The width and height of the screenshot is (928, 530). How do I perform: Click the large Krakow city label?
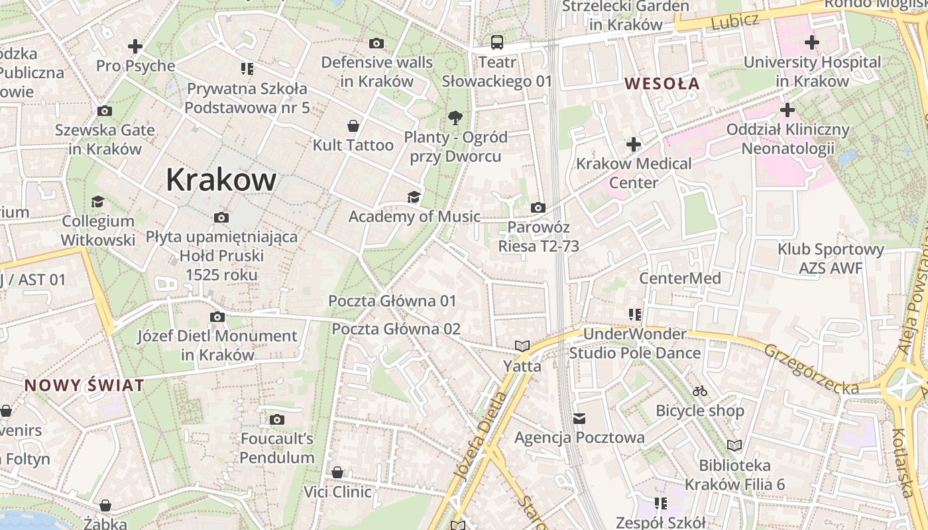[x=221, y=180]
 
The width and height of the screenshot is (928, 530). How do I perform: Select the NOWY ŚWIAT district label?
[x=84, y=386]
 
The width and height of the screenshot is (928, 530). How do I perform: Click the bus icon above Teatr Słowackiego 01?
[x=496, y=43]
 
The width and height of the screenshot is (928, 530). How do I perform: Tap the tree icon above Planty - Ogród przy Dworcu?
[x=455, y=118]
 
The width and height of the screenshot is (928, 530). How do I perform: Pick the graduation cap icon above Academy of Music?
[x=414, y=197]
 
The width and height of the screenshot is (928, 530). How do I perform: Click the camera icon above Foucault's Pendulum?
[x=277, y=419]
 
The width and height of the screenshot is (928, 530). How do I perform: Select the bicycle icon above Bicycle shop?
[x=699, y=391]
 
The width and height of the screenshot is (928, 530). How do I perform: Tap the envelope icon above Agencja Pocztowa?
[x=579, y=418]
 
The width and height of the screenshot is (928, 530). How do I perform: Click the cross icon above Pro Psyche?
[x=135, y=46]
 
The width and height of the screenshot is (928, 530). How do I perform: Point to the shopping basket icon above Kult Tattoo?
[x=353, y=125]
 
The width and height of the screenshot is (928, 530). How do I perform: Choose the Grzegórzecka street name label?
[x=811, y=370]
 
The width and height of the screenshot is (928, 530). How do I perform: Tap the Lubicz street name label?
[x=734, y=21]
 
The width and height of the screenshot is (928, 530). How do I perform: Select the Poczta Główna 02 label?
[x=396, y=329]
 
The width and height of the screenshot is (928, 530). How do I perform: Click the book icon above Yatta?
[x=522, y=346]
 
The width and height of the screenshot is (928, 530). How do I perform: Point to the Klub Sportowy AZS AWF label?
[x=831, y=258]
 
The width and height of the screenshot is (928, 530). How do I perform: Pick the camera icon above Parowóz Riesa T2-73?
[x=538, y=208]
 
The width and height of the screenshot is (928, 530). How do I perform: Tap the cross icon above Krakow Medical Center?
[x=634, y=144]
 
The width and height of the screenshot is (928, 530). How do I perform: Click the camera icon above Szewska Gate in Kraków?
[x=104, y=111]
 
